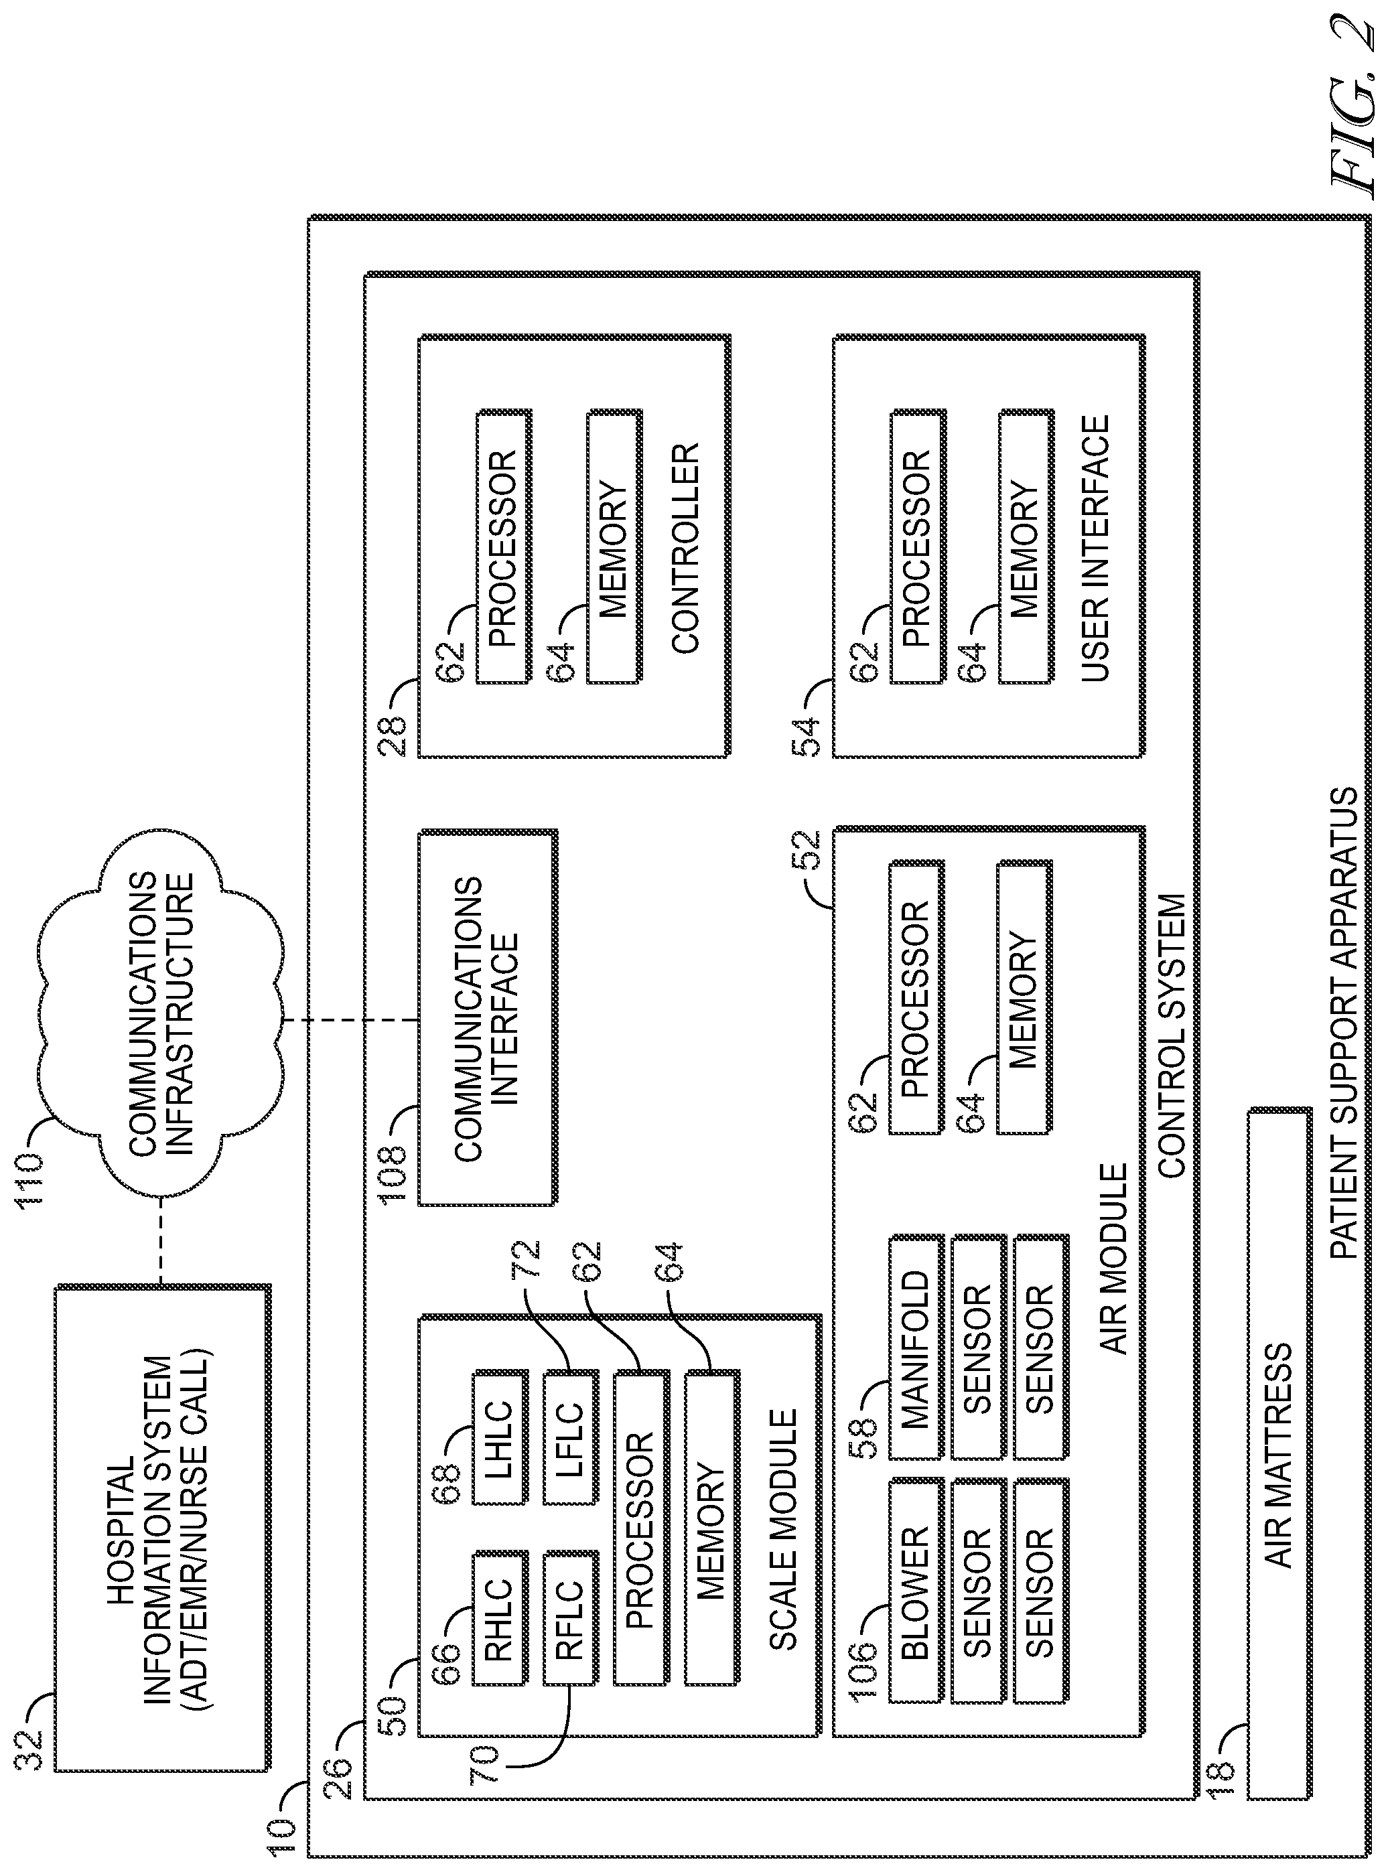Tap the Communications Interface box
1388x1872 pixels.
click(487, 1019)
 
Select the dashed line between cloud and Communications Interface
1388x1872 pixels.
click(351, 1019)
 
